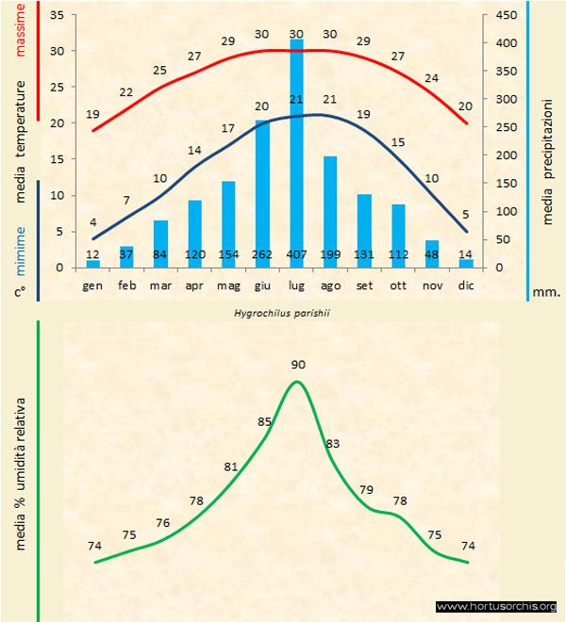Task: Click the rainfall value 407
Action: pos(296,254)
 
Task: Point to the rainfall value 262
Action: pos(262,254)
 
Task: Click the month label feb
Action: pos(127,284)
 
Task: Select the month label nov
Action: pos(432,284)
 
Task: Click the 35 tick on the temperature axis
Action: pos(56,15)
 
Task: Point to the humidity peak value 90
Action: pos(298,364)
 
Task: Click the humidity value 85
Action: pos(265,421)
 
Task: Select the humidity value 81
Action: pos(231,466)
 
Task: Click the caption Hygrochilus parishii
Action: pos(281,312)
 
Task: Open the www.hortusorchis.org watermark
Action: pos(496,606)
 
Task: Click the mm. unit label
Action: pos(546,292)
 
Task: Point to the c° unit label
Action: pos(19,292)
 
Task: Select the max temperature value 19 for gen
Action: pos(92,114)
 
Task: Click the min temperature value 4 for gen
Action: pos(92,222)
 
